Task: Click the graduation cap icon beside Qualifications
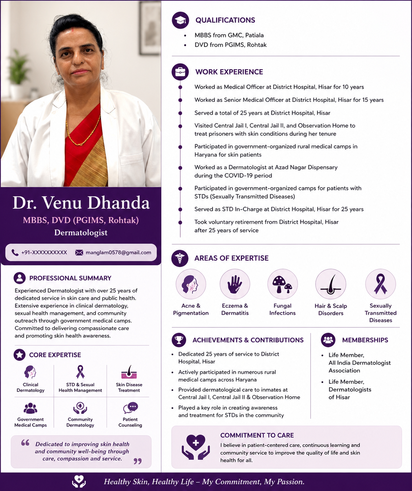180,20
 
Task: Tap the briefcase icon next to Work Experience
180,72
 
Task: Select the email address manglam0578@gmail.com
118,252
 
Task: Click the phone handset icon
15,252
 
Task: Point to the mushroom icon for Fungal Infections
283,284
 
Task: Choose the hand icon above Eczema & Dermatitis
235,284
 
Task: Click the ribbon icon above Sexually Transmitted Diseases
380,284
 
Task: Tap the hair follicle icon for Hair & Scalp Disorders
331,284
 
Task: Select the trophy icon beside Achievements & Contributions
179,340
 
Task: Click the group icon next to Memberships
328,340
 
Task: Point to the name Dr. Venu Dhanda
81,203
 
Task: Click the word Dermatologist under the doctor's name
81,232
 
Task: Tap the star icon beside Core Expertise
19,355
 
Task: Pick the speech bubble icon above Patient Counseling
131,408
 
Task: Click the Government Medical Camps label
30,422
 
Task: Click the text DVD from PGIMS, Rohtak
231,45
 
